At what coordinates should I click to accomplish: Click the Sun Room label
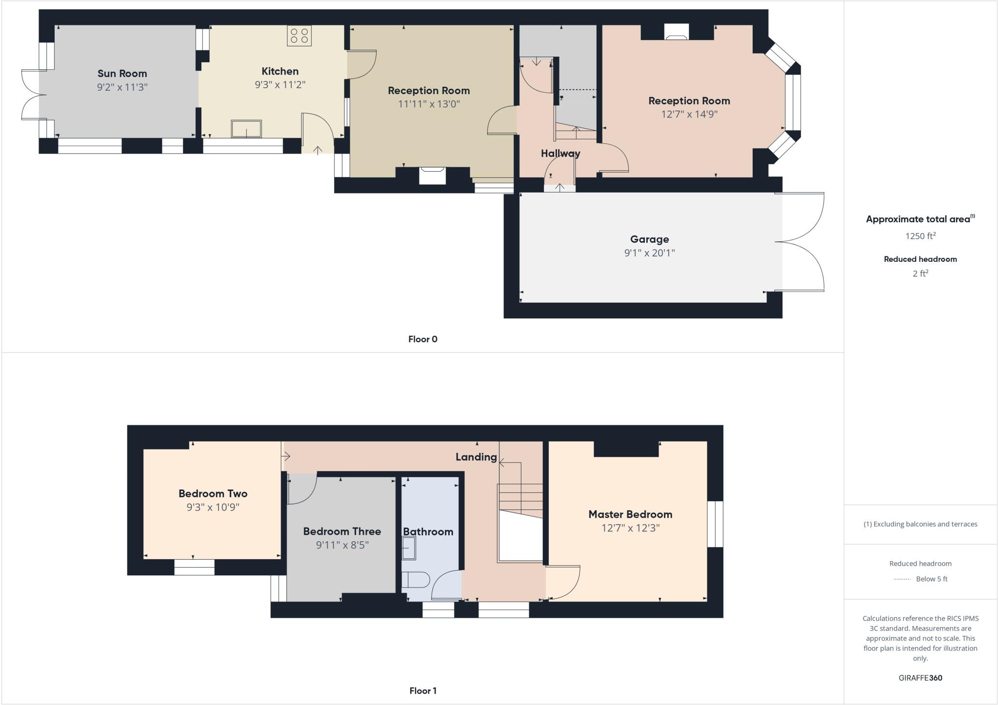point(122,74)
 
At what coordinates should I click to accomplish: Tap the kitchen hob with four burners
point(299,36)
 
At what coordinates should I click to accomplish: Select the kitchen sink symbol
point(246,129)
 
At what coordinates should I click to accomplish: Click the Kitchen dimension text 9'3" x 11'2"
point(280,85)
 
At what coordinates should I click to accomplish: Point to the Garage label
point(649,239)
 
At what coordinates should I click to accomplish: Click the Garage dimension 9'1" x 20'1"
point(649,253)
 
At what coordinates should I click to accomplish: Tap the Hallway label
point(560,154)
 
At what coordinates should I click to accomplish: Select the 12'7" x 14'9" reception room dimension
point(689,115)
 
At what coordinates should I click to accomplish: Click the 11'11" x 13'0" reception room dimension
point(429,104)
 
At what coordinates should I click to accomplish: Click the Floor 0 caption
point(422,339)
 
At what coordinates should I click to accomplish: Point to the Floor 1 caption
point(422,691)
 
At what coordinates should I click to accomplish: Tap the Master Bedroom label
point(630,514)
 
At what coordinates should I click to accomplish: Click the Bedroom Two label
point(213,493)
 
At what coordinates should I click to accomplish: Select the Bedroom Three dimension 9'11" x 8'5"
point(342,545)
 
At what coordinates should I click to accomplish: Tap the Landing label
point(476,457)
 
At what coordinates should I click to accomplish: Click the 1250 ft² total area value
point(920,236)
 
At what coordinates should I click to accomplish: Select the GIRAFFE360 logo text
point(920,678)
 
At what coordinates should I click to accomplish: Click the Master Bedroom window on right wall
point(715,524)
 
